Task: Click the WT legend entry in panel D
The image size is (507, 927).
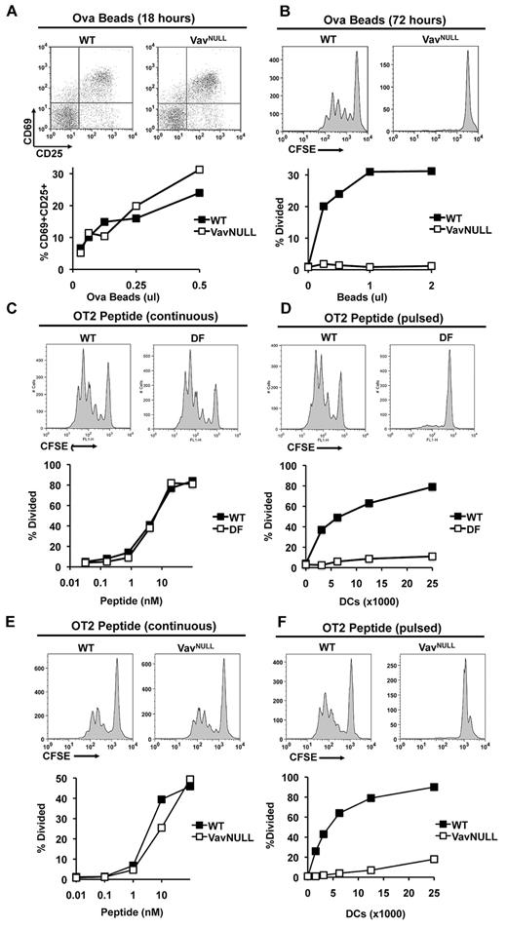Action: click(458, 516)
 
